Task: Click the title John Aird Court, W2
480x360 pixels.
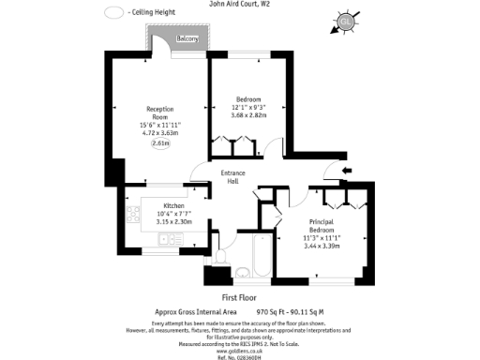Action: click(x=240, y=4)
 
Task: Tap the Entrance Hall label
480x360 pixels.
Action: click(x=233, y=177)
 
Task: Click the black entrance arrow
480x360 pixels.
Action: click(x=346, y=170)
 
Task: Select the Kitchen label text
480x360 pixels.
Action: click(x=173, y=206)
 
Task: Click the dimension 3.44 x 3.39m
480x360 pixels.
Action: click(x=322, y=246)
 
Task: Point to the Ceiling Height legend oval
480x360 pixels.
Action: click(x=114, y=13)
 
